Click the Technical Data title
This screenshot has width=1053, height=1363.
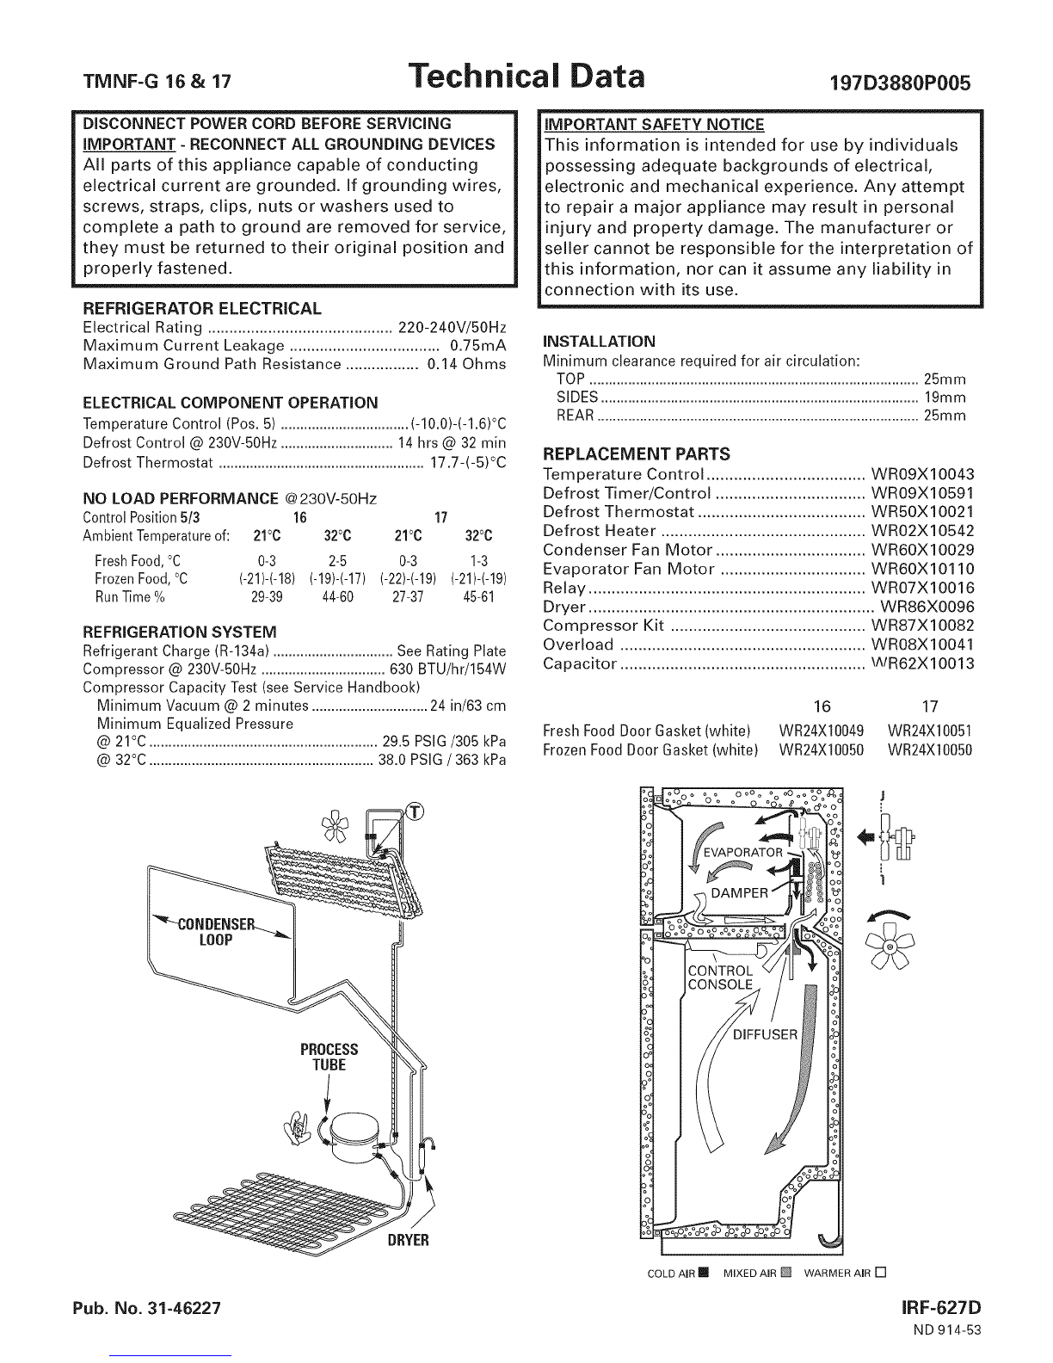526,77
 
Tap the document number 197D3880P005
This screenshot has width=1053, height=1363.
900,83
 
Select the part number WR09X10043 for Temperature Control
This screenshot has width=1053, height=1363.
922,474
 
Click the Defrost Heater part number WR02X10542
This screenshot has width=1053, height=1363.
922,531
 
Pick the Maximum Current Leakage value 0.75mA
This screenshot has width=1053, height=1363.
478,346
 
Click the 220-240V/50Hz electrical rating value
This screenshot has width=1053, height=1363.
453,328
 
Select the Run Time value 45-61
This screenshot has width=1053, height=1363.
478,597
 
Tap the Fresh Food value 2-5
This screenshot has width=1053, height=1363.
337,561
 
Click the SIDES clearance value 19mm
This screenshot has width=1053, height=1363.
945,397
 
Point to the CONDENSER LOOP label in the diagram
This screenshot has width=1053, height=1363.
216,931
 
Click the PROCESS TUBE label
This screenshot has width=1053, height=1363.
329,1057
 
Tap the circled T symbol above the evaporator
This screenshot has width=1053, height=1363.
415,812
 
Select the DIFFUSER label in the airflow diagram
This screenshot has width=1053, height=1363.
765,1034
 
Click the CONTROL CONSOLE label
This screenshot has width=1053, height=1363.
720,978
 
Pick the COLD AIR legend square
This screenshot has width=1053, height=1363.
705,1273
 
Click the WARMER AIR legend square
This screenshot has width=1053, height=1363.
881,1273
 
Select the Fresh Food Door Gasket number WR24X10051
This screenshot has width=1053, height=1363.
929,731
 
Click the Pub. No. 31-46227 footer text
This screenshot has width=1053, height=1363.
147,1308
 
